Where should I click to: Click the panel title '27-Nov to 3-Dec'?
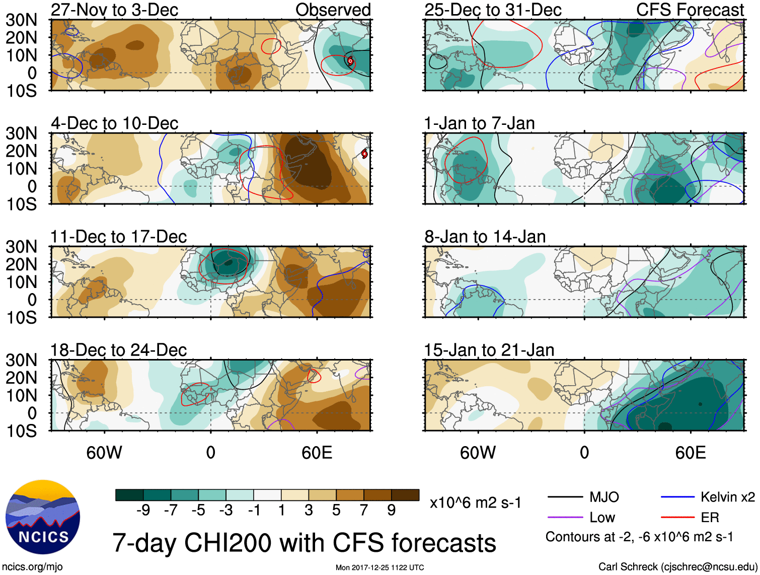pyautogui.click(x=114, y=10)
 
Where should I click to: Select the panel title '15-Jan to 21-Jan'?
pyautogui.click(x=489, y=350)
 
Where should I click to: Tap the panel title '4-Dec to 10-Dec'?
pyautogui.click(x=114, y=123)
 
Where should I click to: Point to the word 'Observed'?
pyautogui.click(x=333, y=10)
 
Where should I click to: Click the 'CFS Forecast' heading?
pyautogui.click(x=690, y=10)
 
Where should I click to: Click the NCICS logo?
pyautogui.click(x=43, y=517)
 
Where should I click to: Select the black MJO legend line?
pyautogui.click(x=565, y=497)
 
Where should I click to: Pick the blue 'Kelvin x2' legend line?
pyautogui.click(x=677, y=497)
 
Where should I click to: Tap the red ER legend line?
pyautogui.click(x=677, y=517)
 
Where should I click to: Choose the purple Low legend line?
pyautogui.click(x=565, y=517)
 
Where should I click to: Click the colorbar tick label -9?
pyautogui.click(x=143, y=511)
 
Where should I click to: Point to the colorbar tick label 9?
pyautogui.click(x=392, y=511)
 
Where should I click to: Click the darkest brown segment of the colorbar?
pyautogui.click(x=405, y=495)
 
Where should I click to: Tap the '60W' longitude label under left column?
pyautogui.click(x=104, y=453)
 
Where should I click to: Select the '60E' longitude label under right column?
pyautogui.click(x=690, y=453)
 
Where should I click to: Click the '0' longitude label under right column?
pyautogui.click(x=584, y=453)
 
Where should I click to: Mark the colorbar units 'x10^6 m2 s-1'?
pyautogui.click(x=475, y=502)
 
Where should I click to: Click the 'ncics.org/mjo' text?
pyautogui.click(x=32, y=567)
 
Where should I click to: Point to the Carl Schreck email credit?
pyautogui.click(x=677, y=567)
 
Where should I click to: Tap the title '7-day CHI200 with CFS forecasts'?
pyautogui.click(x=304, y=543)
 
